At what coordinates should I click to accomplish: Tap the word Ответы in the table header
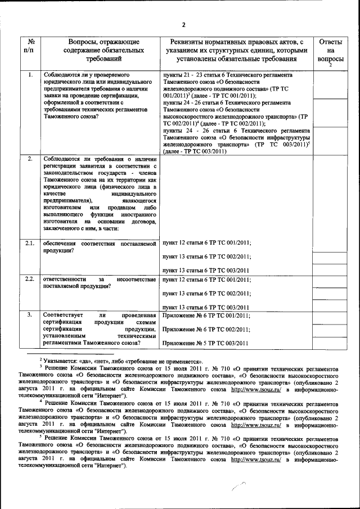click(330, 42)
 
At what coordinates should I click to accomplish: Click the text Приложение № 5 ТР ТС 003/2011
click(205, 343)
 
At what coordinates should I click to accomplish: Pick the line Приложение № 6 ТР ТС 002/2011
click(205, 329)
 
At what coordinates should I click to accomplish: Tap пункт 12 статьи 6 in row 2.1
click(186, 243)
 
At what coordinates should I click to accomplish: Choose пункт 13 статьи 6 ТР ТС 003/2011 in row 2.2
click(206, 308)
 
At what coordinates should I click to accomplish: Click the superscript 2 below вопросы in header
click(331, 66)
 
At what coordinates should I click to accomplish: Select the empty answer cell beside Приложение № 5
click(330, 343)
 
